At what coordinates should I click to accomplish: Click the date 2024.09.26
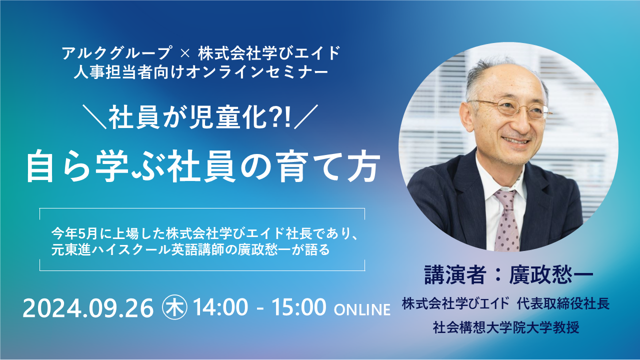point(88,308)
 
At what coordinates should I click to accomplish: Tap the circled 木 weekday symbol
point(174,307)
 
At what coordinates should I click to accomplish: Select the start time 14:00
point(220,307)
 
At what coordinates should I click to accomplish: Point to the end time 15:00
point(299,307)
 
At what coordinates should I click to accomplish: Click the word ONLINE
point(362,310)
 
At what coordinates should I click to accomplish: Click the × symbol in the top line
point(185,53)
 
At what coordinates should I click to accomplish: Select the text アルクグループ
point(117,53)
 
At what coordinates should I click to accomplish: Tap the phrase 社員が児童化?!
point(199,117)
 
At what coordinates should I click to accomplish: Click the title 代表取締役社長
point(563,303)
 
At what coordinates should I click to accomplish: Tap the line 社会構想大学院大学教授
point(506,327)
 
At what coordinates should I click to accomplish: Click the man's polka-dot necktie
point(507,220)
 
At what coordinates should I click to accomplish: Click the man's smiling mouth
point(516,140)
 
